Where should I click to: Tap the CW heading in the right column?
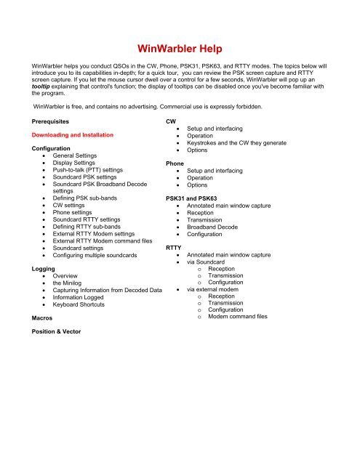coord(172,119)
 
